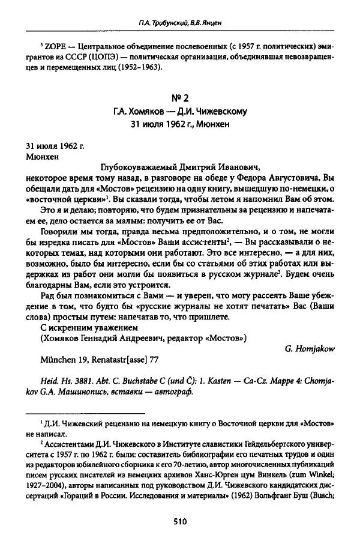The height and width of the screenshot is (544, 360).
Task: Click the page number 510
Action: [181, 522]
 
